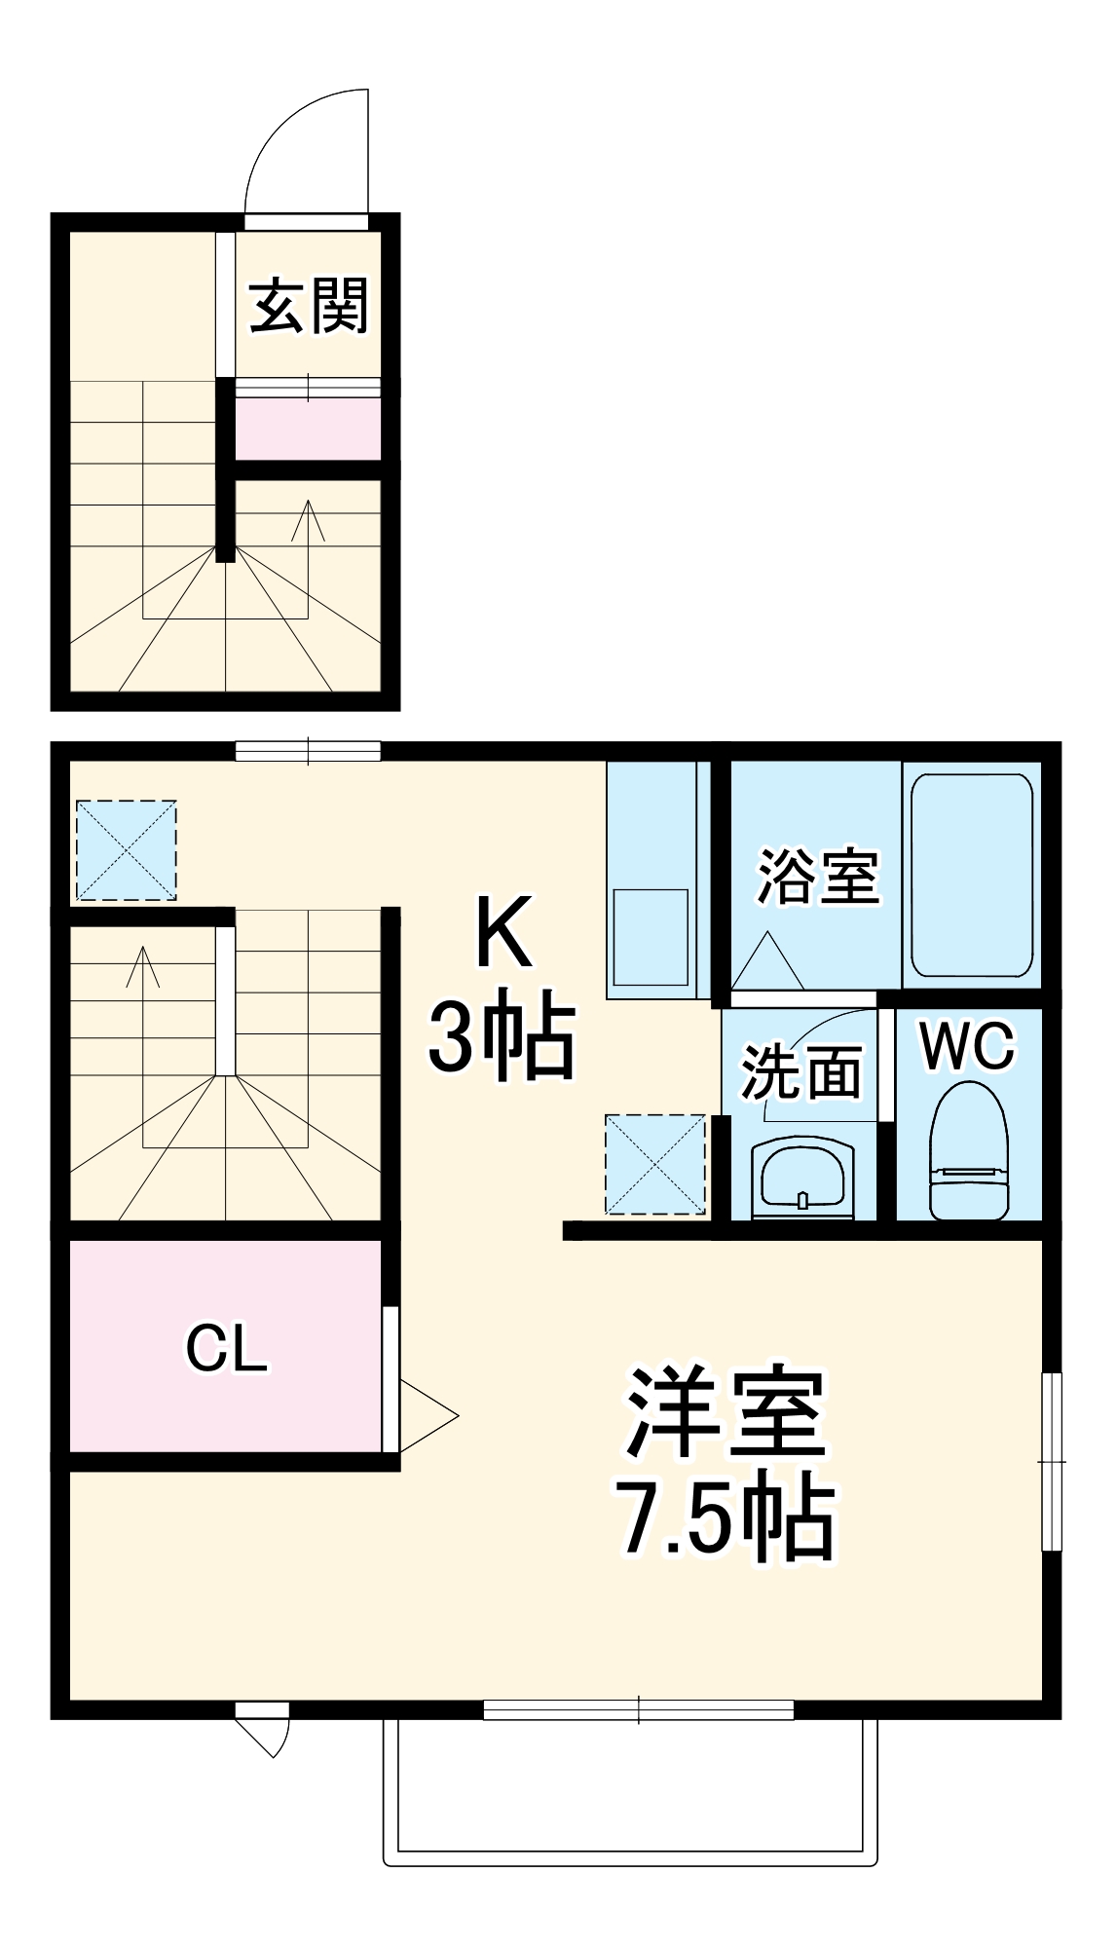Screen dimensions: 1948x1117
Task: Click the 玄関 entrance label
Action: tap(309, 306)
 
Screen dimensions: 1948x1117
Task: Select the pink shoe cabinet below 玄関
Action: tap(308, 429)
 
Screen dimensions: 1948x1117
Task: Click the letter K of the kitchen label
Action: tap(503, 932)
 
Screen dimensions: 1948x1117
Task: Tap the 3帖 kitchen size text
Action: tap(502, 1035)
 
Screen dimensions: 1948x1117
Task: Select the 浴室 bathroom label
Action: tap(817, 876)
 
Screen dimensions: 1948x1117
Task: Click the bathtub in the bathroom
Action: tap(971, 875)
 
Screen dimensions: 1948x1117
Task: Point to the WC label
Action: tap(967, 1046)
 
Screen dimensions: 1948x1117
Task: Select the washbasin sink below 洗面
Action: tap(802, 1179)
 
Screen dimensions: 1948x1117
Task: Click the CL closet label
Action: tap(226, 1349)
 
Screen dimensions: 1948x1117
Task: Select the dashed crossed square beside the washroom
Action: tap(655, 1164)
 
